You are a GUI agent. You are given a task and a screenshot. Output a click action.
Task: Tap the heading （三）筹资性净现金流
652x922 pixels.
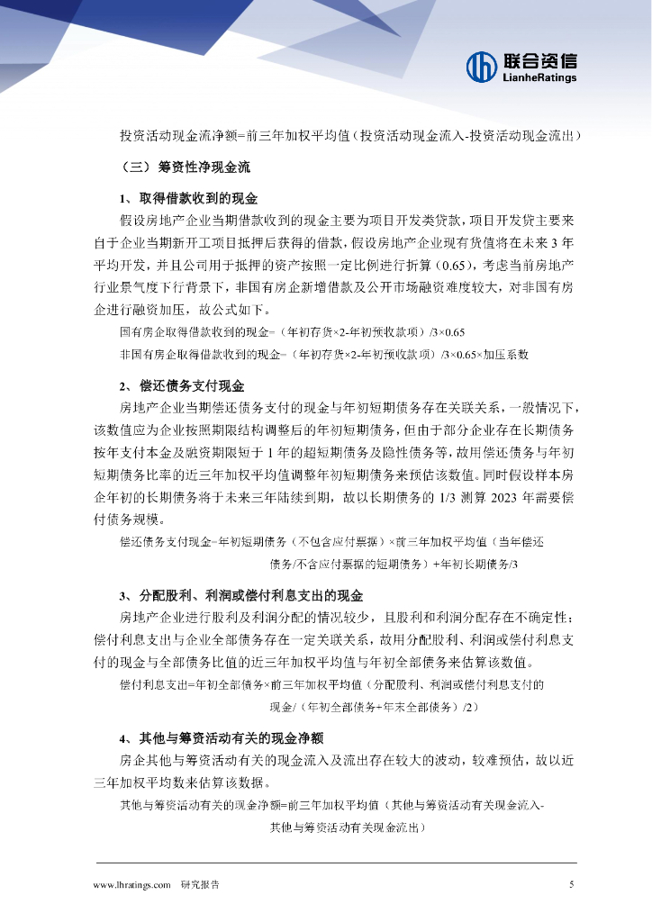point(184,167)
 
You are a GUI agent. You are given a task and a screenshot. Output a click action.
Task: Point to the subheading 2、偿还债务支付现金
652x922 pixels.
point(182,386)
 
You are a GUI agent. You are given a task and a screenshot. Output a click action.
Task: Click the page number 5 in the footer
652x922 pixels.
point(571,885)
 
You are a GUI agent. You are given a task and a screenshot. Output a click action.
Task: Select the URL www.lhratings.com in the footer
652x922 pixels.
point(132,885)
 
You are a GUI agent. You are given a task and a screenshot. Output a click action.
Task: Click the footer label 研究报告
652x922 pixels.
point(200,885)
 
